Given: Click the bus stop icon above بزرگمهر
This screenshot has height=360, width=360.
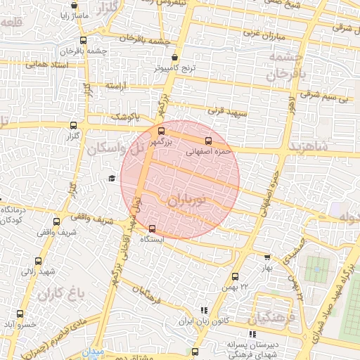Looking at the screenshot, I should tap(162, 131).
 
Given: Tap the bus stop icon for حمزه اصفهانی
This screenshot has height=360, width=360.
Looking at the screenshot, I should tap(208, 141).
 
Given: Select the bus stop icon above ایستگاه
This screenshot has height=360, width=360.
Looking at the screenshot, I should tap(153, 228).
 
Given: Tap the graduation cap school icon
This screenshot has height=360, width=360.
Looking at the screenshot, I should tap(111, 178).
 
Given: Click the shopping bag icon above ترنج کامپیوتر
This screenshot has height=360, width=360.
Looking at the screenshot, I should tap(174, 58).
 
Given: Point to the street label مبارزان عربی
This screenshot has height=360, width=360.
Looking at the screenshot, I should tap(262, 34).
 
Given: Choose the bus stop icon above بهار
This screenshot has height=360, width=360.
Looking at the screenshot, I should tap(266, 257).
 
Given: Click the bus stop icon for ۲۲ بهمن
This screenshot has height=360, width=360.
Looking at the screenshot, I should tap(235, 276).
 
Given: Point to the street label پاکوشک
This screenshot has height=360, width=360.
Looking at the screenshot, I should tap(127, 116).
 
